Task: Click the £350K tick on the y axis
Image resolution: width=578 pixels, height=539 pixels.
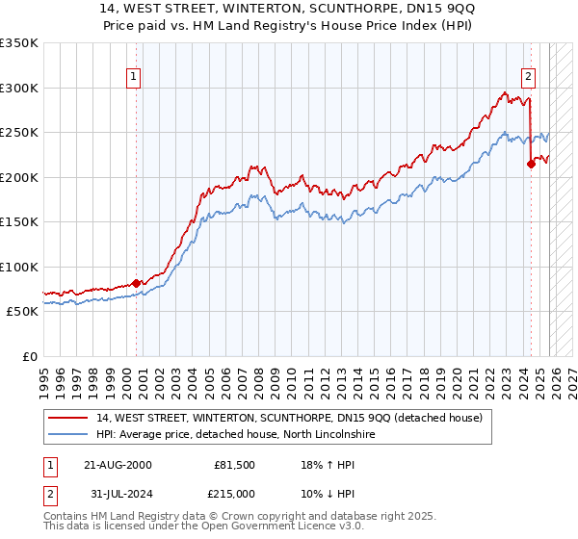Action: [19, 43]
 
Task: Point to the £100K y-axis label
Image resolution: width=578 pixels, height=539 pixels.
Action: [19, 267]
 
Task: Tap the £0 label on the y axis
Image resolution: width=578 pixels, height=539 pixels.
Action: [30, 356]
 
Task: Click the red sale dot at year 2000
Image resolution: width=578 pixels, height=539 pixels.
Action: [136, 283]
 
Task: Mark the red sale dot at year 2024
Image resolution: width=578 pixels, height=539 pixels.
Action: [531, 165]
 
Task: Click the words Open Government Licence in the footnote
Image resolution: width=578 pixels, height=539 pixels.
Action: [254, 528]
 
